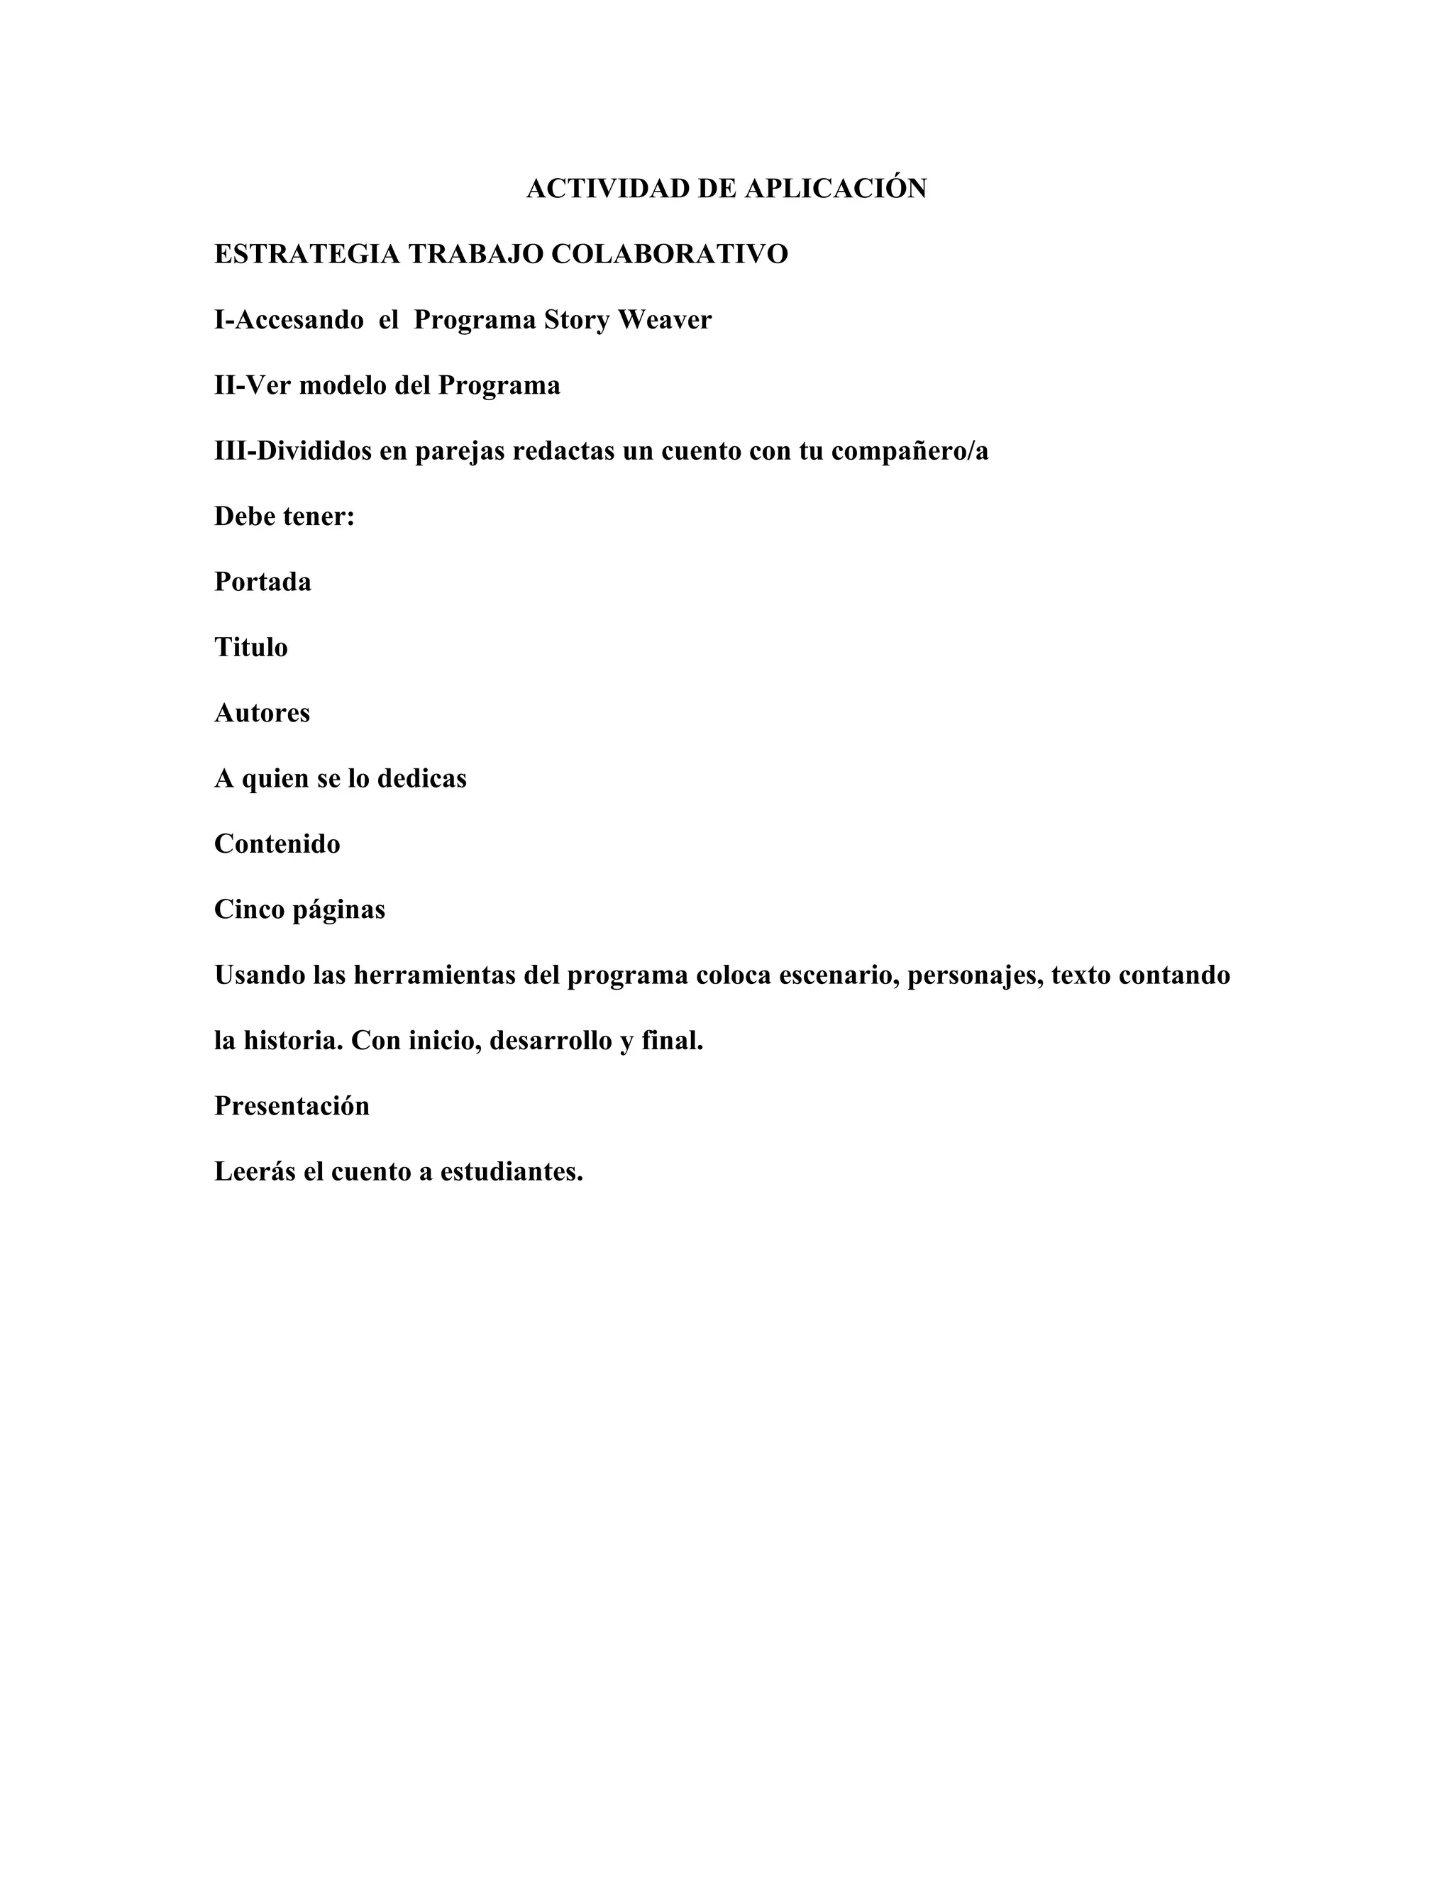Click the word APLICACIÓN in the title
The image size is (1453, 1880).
835,189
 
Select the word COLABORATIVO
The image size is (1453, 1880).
669,254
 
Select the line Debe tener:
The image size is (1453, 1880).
284,516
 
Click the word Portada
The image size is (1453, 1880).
263,582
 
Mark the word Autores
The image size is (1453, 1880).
262,713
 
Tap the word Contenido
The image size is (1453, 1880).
277,844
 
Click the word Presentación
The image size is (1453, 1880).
292,1106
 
